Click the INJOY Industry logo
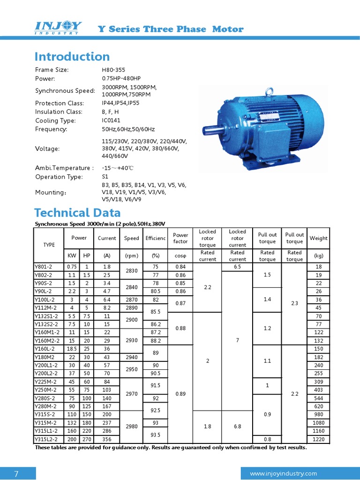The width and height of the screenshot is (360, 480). coord(59,28)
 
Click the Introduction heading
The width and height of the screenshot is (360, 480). coord(72,57)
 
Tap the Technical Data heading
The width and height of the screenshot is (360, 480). coord(77,213)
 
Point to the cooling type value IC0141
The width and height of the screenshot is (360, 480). coord(112,120)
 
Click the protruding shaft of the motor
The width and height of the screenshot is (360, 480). coord(210,129)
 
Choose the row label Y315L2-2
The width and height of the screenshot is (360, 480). coord(46,439)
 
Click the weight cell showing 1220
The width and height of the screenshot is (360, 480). coord(318,439)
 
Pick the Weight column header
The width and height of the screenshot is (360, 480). coord(318,238)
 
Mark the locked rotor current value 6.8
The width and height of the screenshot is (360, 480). coord(237,427)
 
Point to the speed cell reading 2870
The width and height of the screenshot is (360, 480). coord(131,299)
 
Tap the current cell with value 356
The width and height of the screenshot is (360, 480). coord(107,439)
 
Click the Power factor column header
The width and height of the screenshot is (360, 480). coord(180,238)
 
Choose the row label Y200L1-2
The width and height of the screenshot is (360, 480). coord(46,365)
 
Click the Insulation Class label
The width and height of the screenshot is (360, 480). coord(59,112)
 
